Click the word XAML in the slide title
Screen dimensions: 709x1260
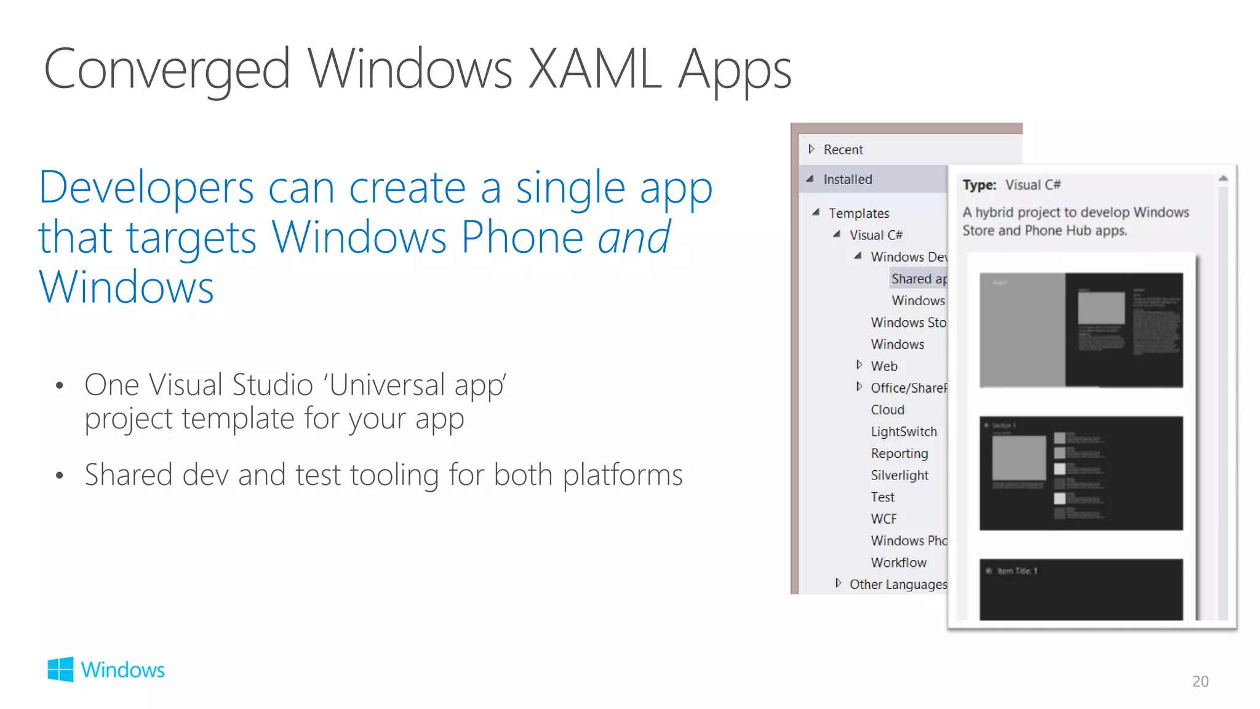point(595,70)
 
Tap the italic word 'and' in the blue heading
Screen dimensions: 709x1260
point(634,238)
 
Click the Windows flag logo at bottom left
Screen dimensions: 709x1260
point(60,669)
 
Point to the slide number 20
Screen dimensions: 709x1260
point(1200,681)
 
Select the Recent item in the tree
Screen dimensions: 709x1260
point(843,150)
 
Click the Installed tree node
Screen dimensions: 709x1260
point(847,179)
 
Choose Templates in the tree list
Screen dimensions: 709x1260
point(858,213)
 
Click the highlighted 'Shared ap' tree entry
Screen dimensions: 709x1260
point(919,279)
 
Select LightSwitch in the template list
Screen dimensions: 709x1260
point(903,431)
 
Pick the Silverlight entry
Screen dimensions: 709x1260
point(899,475)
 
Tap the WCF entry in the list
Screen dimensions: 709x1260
point(883,519)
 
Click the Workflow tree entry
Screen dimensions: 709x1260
point(898,563)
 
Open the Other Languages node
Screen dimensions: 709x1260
point(898,584)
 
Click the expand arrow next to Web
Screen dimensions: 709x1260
point(859,365)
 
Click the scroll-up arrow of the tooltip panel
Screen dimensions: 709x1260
point(1223,178)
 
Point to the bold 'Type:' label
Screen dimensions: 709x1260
point(979,185)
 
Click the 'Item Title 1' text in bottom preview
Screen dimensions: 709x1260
point(1016,571)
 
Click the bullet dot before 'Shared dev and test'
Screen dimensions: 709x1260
point(60,476)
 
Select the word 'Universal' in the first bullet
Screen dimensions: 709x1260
point(387,385)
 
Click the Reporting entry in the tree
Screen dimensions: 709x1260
point(899,454)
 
